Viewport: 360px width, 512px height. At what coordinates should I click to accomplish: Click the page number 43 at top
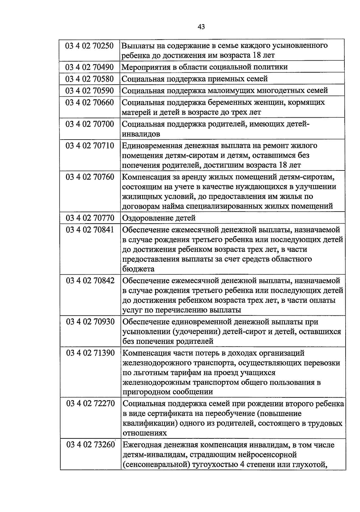pos(201,27)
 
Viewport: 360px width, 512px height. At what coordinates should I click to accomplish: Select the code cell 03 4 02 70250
pos(89,46)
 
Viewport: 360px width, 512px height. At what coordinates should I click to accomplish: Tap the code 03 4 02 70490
pos(89,67)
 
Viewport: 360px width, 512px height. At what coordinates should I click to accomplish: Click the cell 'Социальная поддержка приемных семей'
pos(195,79)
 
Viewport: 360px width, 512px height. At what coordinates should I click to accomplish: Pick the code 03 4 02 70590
pos(89,91)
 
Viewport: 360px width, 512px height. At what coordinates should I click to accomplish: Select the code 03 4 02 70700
pos(89,124)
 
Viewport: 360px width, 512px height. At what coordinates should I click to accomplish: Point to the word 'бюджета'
pos(138,269)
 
